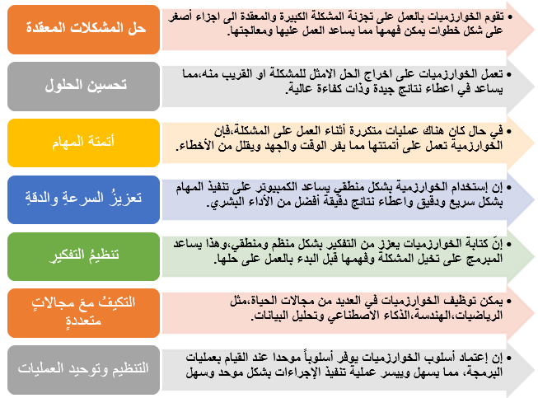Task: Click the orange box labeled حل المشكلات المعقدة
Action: [83, 30]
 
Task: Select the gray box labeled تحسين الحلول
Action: [83, 87]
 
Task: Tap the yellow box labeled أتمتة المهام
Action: [83, 143]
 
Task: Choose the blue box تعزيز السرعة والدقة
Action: [83, 199]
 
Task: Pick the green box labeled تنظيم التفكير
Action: [83, 256]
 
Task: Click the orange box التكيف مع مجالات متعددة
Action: [83, 313]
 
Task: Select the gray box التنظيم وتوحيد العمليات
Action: [83, 370]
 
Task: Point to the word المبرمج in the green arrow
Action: [484, 259]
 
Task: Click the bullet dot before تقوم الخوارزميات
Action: [509, 16]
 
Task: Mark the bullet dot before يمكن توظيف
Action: [509, 302]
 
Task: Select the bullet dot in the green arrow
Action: [509, 244]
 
